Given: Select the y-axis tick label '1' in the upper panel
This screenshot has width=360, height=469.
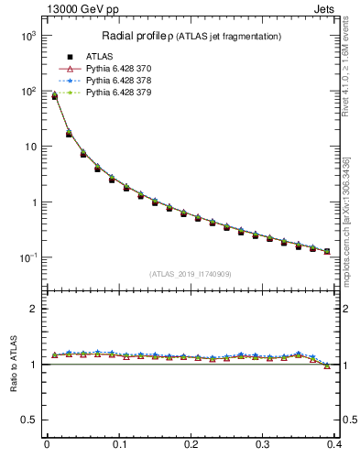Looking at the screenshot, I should pyautogui.click(x=32, y=202).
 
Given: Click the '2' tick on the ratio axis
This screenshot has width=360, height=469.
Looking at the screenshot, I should pyautogui.click(x=32, y=309).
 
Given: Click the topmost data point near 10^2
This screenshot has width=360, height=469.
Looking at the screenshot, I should pyautogui.click(x=54, y=95).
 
